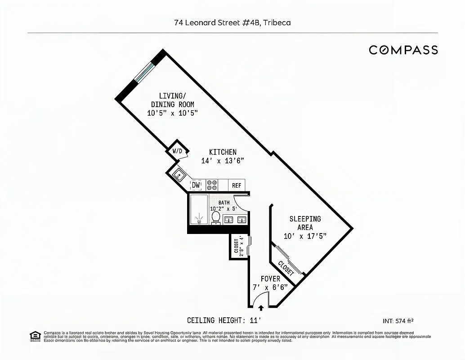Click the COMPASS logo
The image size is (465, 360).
403,50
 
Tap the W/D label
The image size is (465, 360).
177,151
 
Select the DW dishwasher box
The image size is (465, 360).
196,185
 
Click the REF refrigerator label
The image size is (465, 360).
236,185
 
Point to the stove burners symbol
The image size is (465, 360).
212,185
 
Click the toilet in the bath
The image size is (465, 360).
216,217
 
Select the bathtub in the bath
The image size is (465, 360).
198,209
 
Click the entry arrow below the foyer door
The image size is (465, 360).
261,308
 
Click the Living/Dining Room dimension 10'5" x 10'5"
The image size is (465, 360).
173,113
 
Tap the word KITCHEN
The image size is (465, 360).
223,152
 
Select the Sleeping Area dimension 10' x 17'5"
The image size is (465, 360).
305,236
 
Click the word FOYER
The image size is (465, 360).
270,279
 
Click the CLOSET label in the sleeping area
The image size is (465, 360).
286,268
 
